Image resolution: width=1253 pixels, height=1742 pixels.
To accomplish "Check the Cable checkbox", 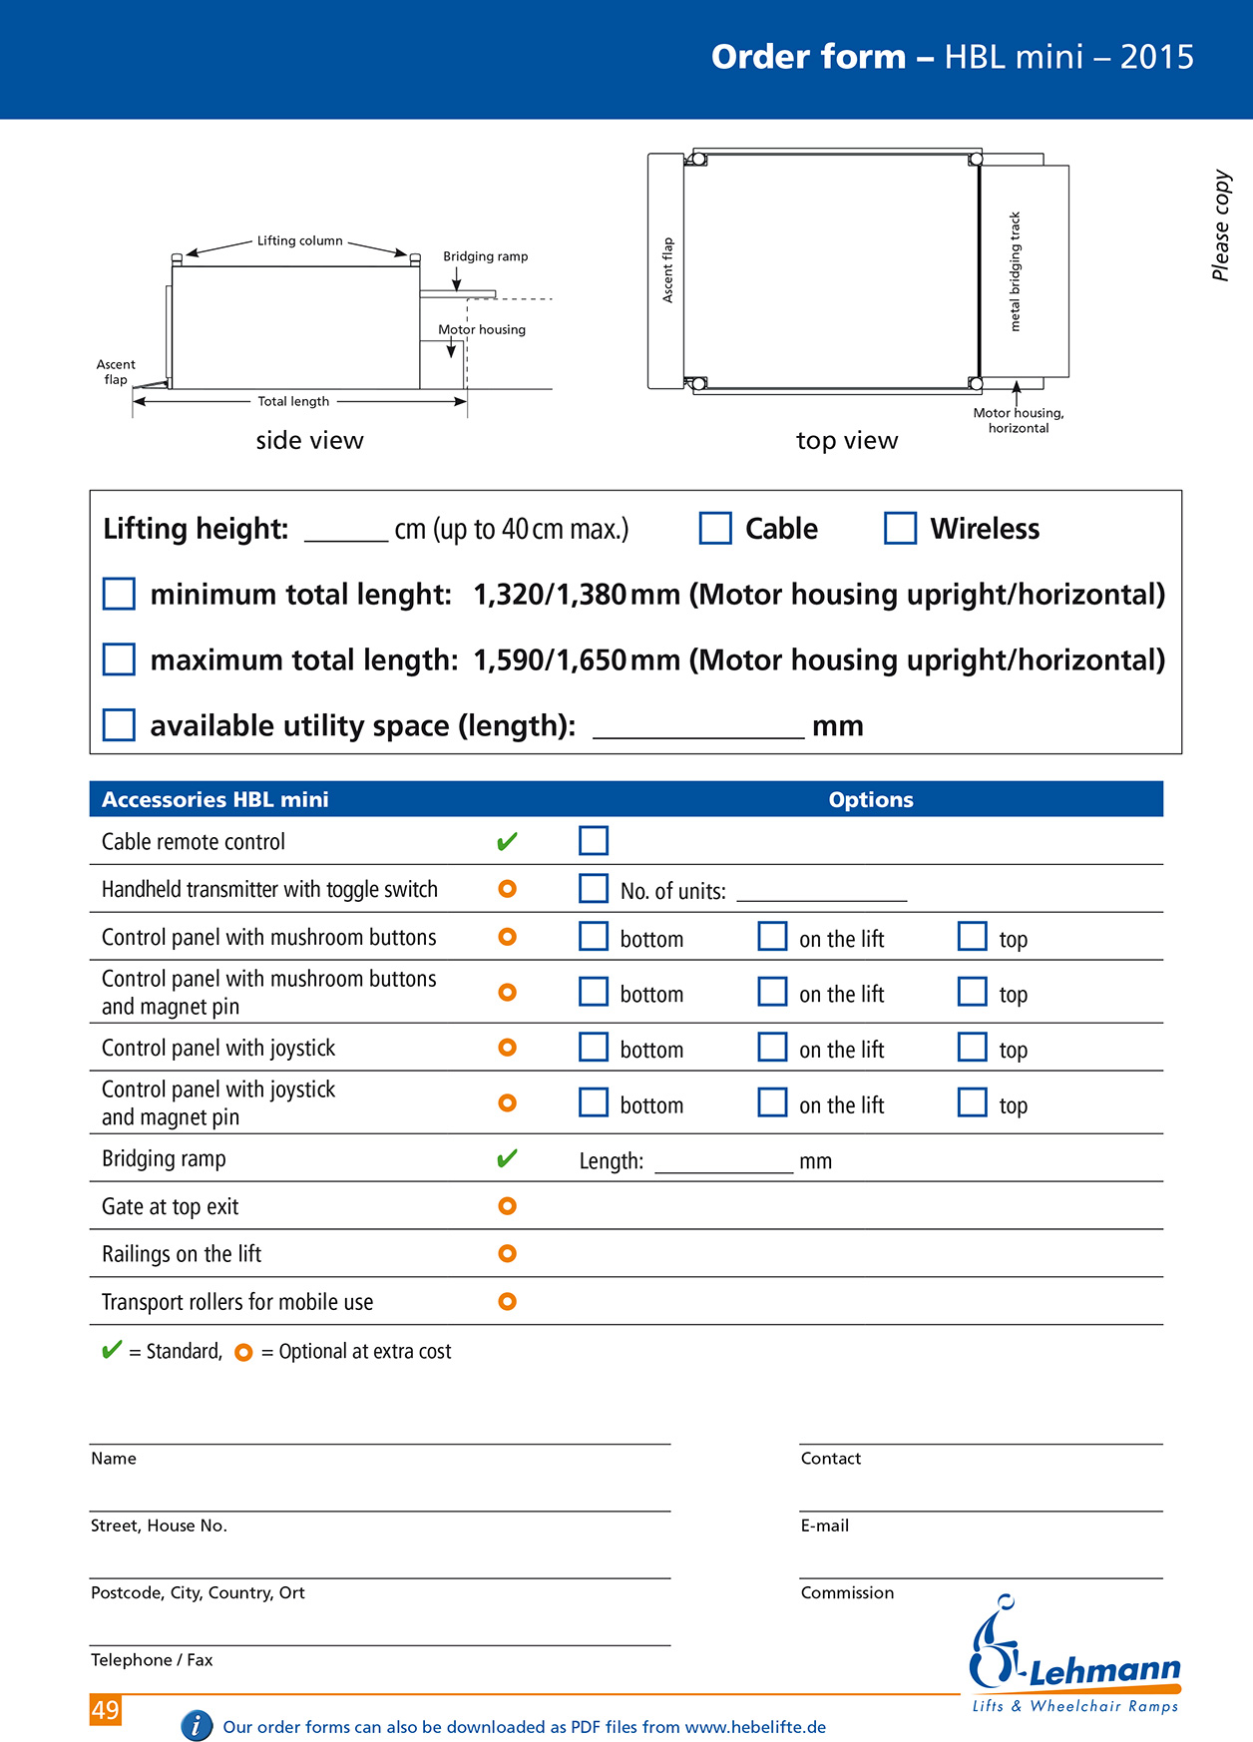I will pyautogui.click(x=715, y=528).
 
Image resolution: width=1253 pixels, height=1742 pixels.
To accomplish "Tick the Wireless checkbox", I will pyautogui.click(x=900, y=528).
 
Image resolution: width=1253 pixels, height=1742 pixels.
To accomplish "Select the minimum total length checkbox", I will pyautogui.click(x=119, y=594).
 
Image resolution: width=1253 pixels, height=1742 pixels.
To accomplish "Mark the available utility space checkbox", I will pyautogui.click(x=119, y=725).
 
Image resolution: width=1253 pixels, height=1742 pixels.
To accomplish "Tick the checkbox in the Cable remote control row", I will pyautogui.click(x=594, y=841).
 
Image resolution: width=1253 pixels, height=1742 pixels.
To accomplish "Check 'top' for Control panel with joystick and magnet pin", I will pyautogui.click(x=973, y=1102).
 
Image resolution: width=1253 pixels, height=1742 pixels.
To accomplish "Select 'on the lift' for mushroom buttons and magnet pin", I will pyautogui.click(x=772, y=992).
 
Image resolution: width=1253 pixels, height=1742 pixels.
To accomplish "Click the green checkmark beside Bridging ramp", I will pyautogui.click(x=507, y=1158).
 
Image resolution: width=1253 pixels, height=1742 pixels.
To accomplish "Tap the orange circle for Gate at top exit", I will pyautogui.click(x=507, y=1206).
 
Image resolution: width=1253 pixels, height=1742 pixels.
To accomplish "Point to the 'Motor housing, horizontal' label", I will pyautogui.click(x=1019, y=420).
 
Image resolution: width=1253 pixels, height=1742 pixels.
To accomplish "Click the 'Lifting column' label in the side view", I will pyautogui.click(x=299, y=240).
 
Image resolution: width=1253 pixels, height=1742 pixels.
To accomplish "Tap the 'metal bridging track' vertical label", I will pyautogui.click(x=1015, y=271).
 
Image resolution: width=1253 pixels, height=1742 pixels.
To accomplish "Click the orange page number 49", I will pyautogui.click(x=106, y=1710).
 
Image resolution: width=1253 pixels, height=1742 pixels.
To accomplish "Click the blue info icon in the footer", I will pyautogui.click(x=197, y=1725).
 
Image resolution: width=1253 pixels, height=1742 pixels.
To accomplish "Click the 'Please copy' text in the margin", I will pyautogui.click(x=1221, y=225).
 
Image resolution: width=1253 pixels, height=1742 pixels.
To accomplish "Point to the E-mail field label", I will pyautogui.click(x=824, y=1525).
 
